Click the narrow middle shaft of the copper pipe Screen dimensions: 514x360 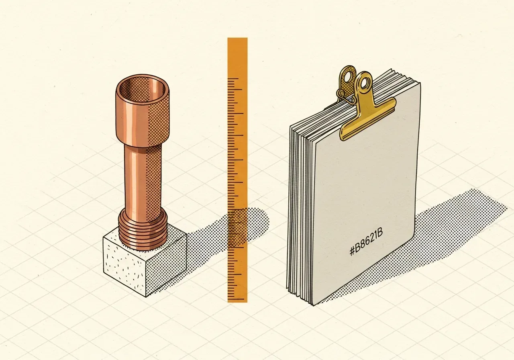(x=143, y=177)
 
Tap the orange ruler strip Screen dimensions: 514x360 (x=237, y=170)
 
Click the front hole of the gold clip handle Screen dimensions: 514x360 (x=364, y=83)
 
